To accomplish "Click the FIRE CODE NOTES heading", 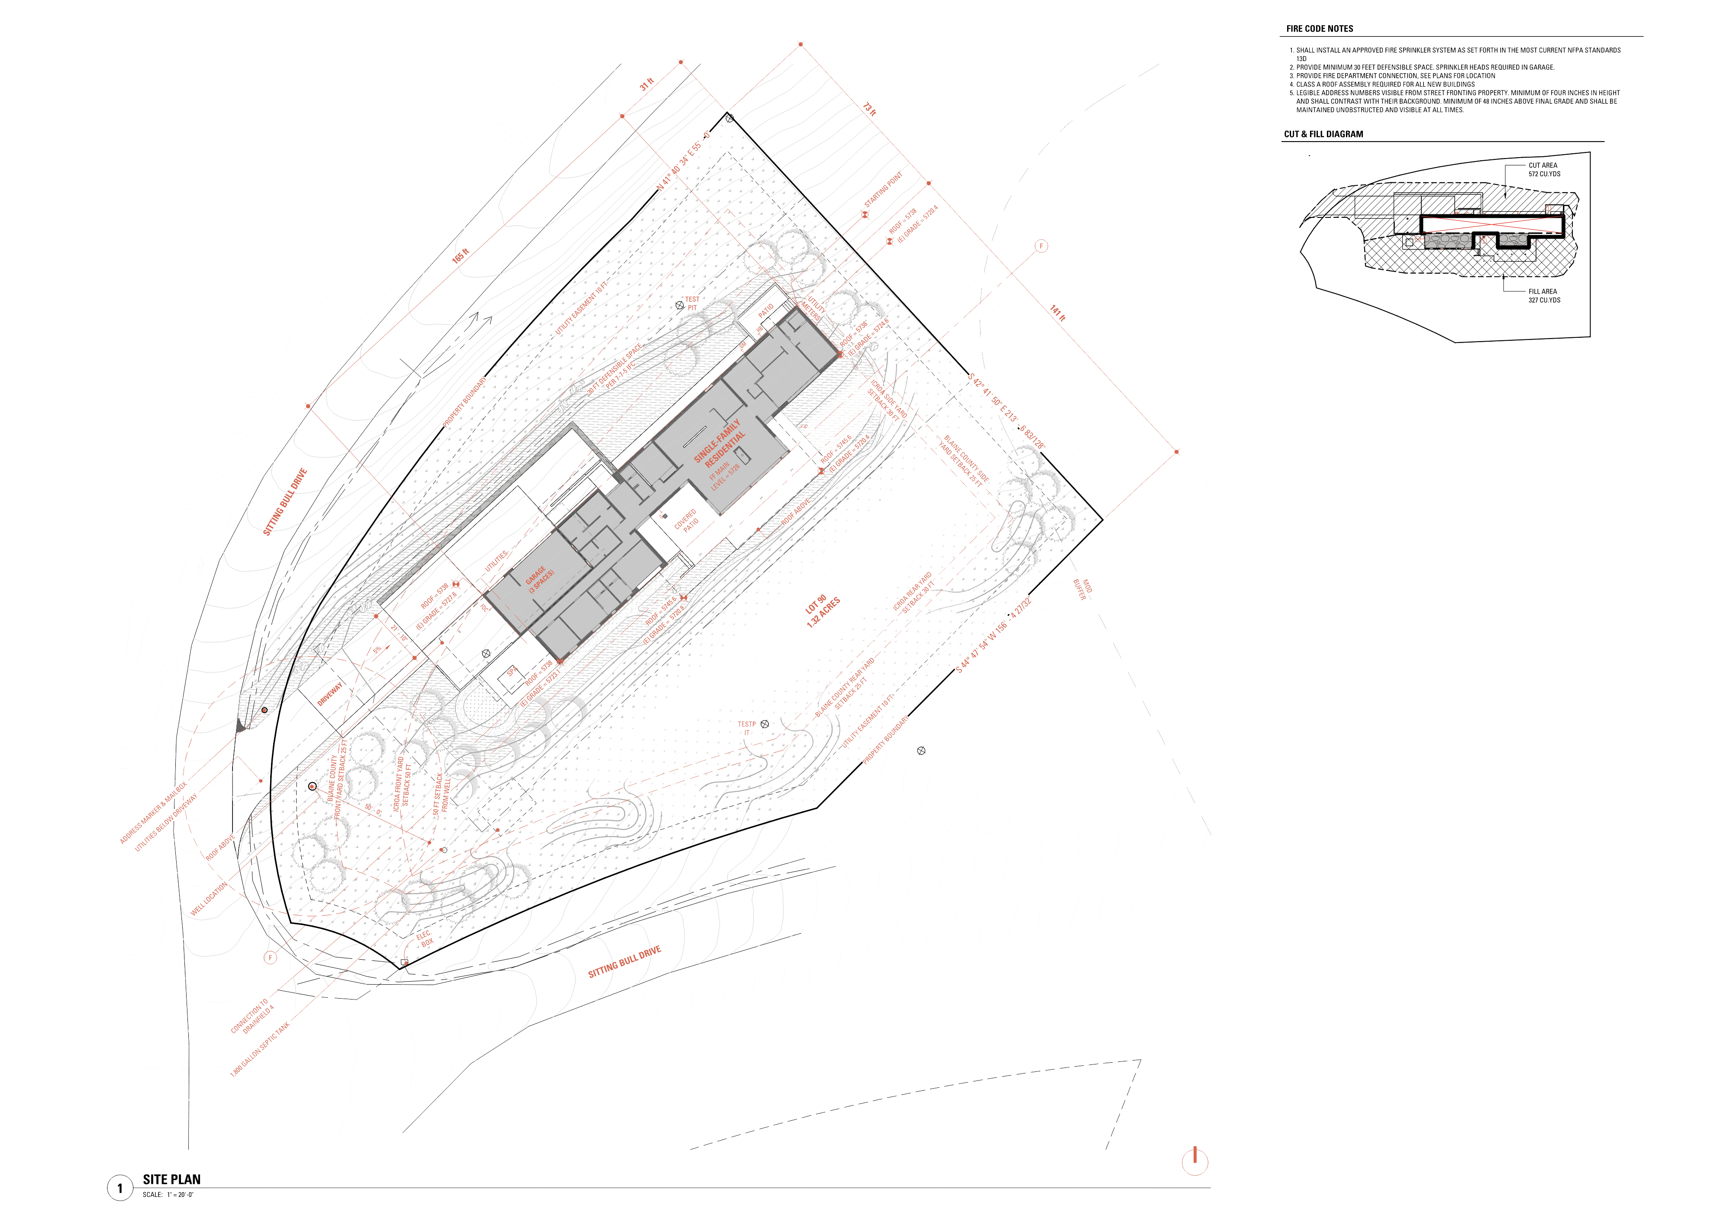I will (1319, 29).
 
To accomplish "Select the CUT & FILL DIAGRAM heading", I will (1323, 134).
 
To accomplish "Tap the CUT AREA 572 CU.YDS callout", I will (1543, 170).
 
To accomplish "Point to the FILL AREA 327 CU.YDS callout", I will (1543, 296).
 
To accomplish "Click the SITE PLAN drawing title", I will (171, 1179).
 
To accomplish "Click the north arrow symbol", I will (1194, 1161).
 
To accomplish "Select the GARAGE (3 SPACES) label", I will (539, 579).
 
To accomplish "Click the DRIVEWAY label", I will (329, 693).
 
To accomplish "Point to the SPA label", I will (513, 672).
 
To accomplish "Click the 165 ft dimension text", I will (460, 255).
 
